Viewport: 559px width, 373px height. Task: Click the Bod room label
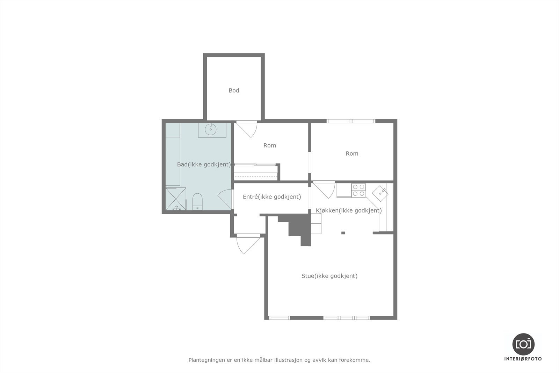(x=234, y=91)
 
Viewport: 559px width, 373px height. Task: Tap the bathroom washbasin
(x=211, y=129)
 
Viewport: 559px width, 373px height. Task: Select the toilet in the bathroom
(x=197, y=202)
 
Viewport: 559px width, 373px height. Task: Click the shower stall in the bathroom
(x=176, y=199)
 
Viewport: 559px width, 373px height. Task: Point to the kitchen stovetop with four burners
(x=358, y=190)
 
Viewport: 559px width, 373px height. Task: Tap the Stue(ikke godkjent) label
(x=329, y=276)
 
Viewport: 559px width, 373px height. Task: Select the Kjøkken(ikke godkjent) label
(x=349, y=210)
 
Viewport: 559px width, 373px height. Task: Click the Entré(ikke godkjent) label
(x=272, y=197)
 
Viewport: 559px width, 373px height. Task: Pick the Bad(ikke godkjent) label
(x=204, y=164)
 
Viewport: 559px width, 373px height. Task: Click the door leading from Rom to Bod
(x=247, y=128)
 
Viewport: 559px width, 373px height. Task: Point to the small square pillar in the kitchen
(x=343, y=233)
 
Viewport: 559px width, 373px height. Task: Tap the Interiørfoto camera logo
(x=523, y=344)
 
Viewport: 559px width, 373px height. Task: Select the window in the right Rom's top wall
(x=351, y=121)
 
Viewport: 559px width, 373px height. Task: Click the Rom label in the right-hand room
(x=352, y=153)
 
